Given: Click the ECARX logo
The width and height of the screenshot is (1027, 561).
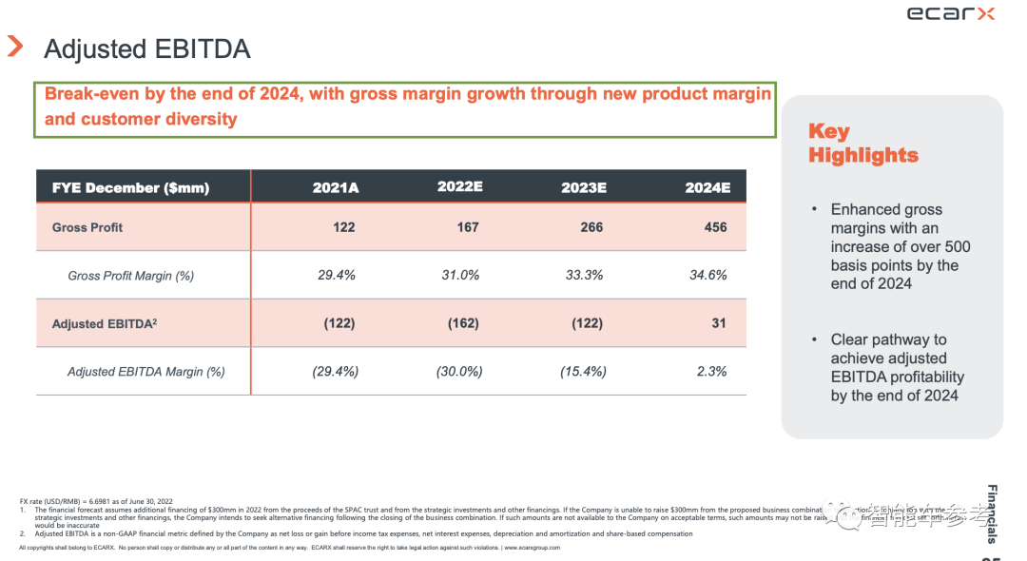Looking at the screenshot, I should pos(951,13).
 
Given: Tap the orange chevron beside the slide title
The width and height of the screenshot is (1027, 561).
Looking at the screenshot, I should pos(15,47).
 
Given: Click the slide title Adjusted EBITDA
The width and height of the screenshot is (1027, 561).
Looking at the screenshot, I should pos(147,48).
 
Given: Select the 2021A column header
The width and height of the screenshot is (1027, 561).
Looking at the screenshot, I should pos(336,187).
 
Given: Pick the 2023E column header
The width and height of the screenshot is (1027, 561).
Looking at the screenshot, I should pos(583,187).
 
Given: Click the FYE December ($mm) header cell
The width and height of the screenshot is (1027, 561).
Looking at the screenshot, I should pos(130,187).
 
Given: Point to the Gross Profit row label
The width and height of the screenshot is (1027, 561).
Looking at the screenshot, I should pos(87,227).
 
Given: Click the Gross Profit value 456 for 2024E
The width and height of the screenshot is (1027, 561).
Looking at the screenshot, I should pos(715,227).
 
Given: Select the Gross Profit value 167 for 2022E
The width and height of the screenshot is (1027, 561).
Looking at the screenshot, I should pos(467,227).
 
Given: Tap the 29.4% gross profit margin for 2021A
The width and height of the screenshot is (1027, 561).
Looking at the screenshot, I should pos(336,275).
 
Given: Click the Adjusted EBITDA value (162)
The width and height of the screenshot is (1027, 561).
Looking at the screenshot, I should pos(463,323).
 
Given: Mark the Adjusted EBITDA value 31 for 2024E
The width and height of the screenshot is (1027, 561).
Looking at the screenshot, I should pos(719,323).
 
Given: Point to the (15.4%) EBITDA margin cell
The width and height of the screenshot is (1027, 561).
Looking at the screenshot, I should pos(583,371).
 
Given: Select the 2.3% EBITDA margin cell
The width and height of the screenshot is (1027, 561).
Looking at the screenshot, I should pos(711,371).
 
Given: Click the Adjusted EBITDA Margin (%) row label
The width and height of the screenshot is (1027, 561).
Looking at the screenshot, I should pos(145,372).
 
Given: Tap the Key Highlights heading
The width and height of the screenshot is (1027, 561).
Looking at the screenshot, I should pos(862,144).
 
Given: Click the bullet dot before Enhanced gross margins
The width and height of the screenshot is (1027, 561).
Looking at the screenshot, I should pos(814,209).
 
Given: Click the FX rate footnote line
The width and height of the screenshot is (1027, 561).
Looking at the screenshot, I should pos(96,501).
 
